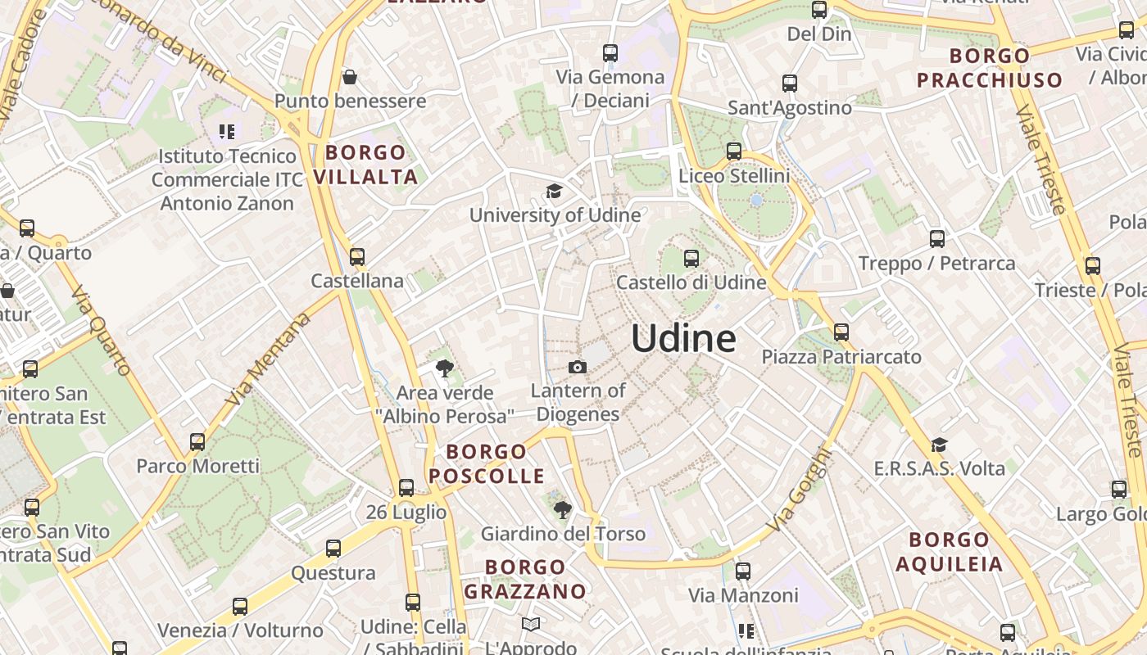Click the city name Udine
(683, 338)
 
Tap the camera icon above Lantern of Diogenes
(578, 367)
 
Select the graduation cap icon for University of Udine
(555, 192)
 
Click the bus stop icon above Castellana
(356, 256)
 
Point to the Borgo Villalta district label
(365, 165)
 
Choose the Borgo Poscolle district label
(487, 464)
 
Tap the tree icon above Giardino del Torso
(562, 511)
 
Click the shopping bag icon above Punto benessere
(350, 77)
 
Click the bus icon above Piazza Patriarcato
(841, 332)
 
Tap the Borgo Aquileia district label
(949, 552)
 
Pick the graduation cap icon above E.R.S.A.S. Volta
(939, 445)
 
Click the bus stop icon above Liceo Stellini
(733, 151)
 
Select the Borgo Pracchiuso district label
(989, 68)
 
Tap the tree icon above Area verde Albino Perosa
(444, 368)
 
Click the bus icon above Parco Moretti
(197, 442)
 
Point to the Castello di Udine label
(691, 282)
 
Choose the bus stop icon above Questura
(333, 549)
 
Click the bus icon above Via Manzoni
(743, 571)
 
